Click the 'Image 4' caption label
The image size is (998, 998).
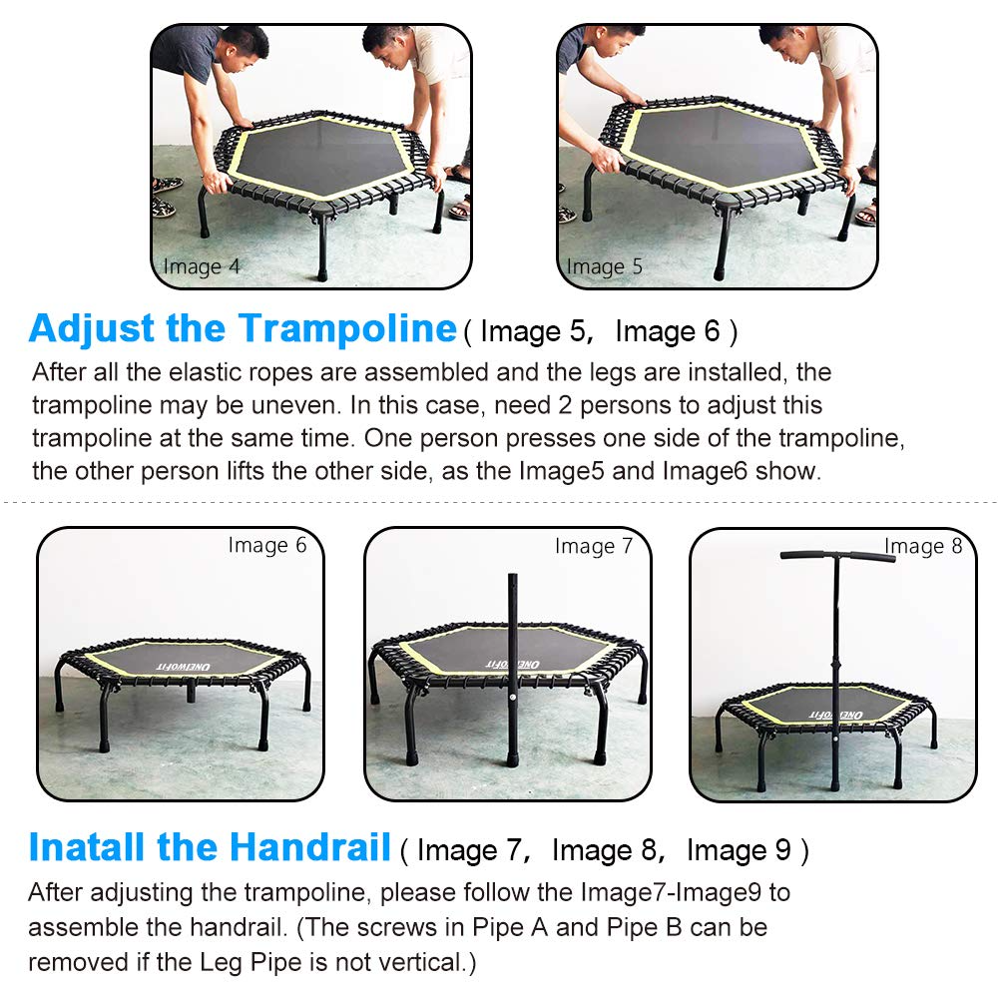(201, 266)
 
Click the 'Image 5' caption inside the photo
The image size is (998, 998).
(605, 266)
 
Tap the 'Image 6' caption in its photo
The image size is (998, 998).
(267, 545)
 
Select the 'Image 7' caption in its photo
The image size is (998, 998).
(594, 546)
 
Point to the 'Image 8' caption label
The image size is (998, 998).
(923, 546)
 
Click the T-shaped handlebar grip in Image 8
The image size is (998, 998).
(837, 555)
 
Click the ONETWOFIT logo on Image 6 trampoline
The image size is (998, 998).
(178, 663)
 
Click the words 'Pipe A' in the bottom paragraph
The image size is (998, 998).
(512, 927)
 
